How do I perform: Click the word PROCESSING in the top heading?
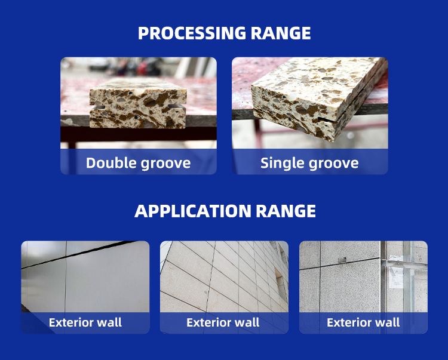tap(192, 33)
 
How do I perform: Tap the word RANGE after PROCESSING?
tap(281, 33)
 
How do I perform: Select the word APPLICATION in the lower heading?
tap(192, 211)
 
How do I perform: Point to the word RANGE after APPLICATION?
tap(286, 211)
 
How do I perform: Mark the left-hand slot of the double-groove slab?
tap(98, 107)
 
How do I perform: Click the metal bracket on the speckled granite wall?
tap(342, 260)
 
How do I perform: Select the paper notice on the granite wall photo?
tap(397, 278)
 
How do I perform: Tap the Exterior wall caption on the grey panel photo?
tap(85, 322)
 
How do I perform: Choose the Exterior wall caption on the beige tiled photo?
tap(223, 322)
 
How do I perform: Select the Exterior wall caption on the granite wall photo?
tap(363, 322)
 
